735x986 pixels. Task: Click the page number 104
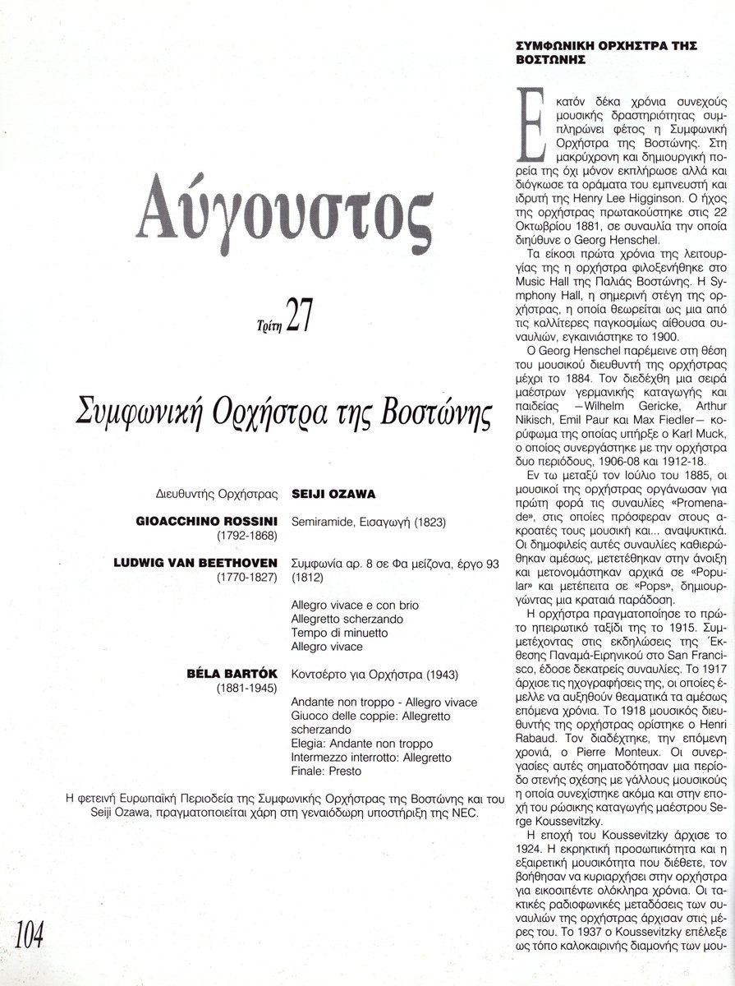click(x=29, y=958)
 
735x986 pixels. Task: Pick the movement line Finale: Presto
click(x=327, y=772)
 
